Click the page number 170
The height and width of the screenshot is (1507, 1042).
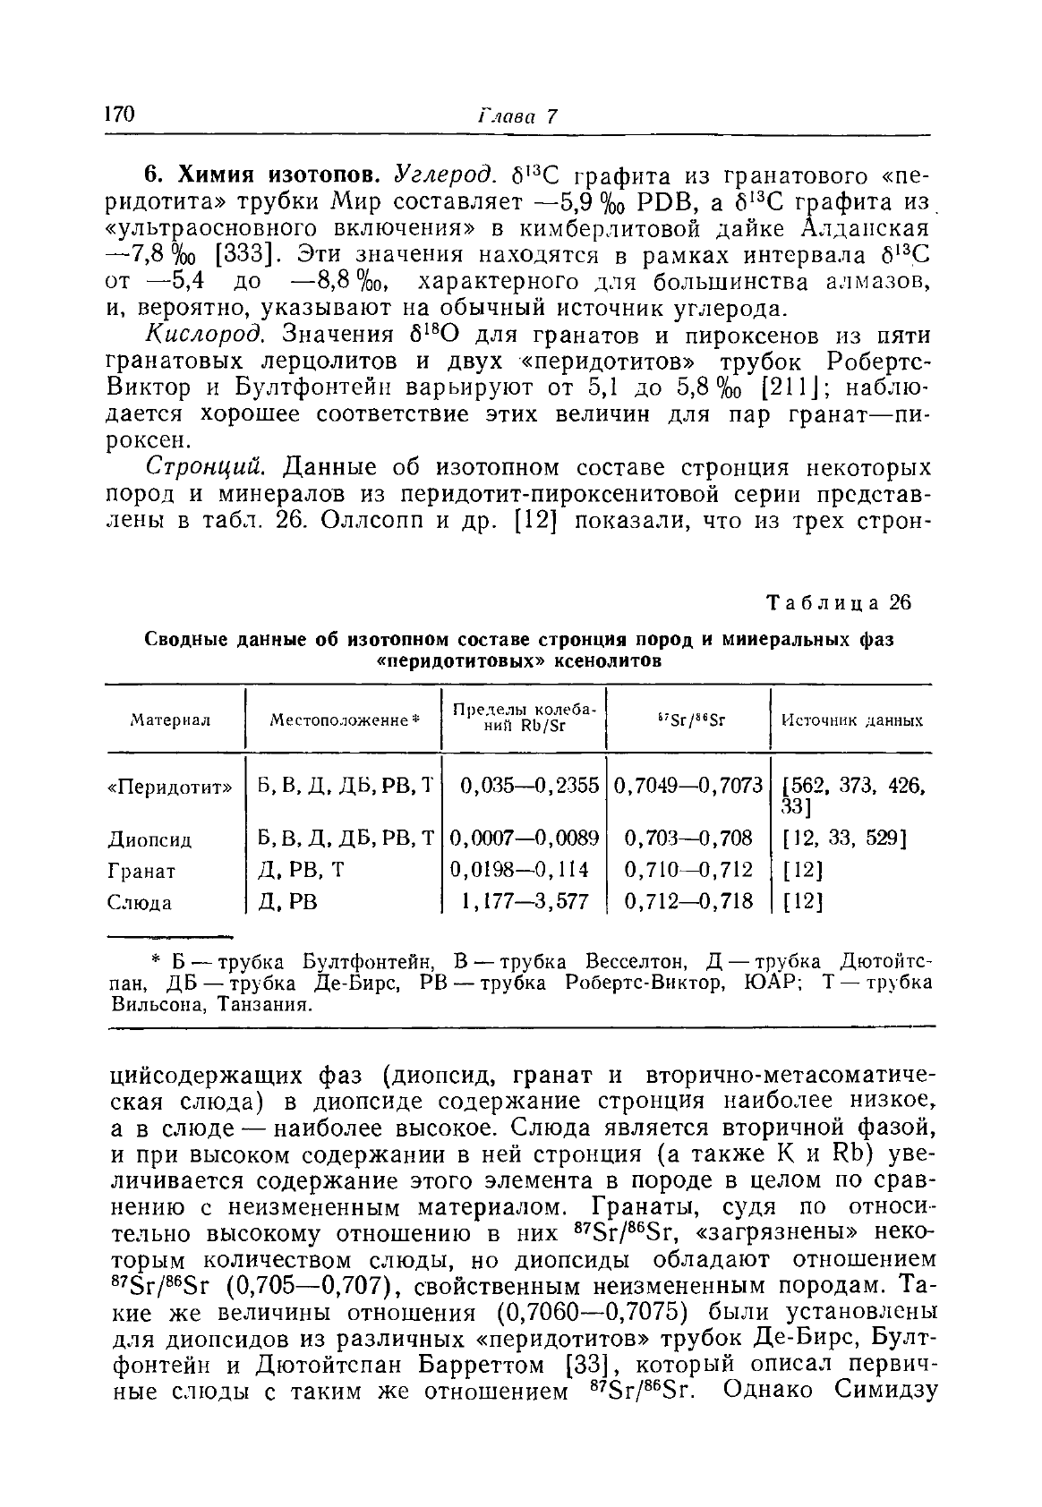click(x=120, y=115)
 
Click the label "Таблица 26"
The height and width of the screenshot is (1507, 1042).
click(x=838, y=602)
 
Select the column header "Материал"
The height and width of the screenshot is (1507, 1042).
click(x=170, y=719)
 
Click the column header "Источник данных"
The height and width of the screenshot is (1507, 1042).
click(x=852, y=719)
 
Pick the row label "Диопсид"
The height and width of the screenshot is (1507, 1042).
click(x=149, y=840)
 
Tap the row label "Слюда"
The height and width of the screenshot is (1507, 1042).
click(x=140, y=903)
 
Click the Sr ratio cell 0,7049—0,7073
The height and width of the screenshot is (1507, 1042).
click(x=688, y=786)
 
